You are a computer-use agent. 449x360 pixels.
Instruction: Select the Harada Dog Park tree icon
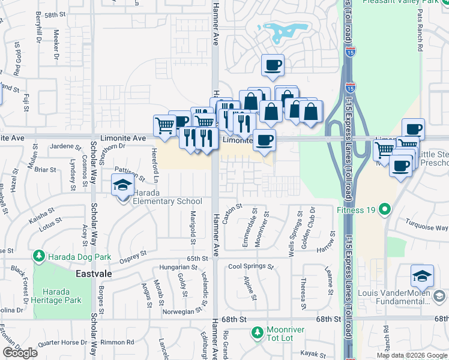pos(39,257)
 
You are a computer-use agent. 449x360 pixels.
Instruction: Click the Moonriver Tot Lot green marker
pos(257,331)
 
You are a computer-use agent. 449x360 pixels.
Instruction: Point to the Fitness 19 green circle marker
pos(385,210)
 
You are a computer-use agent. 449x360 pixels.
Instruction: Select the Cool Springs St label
pos(251,266)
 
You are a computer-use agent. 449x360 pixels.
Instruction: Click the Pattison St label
pos(130,175)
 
